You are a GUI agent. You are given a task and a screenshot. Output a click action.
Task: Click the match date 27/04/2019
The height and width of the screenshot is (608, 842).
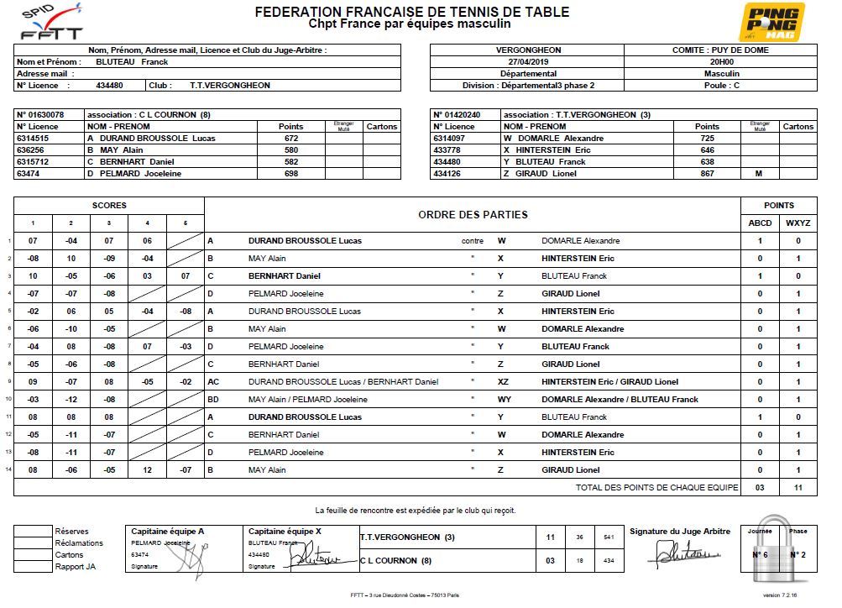pyautogui.click(x=527, y=61)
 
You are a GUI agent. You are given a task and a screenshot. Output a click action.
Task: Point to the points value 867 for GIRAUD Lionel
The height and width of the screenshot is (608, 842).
pyautogui.click(x=707, y=174)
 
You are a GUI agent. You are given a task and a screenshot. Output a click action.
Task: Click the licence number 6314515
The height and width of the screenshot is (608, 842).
pyautogui.click(x=33, y=139)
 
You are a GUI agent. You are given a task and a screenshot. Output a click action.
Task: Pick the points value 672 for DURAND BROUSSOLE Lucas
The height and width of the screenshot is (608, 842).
pyautogui.click(x=291, y=139)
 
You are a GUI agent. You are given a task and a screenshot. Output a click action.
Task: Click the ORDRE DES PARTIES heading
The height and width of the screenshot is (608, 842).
pyautogui.click(x=473, y=214)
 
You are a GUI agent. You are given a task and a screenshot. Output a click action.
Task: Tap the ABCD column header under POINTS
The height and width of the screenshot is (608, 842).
pyautogui.click(x=760, y=223)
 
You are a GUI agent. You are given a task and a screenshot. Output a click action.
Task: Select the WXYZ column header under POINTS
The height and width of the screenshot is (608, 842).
pyautogui.click(x=798, y=223)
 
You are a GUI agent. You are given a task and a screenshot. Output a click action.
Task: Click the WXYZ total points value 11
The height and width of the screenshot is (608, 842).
pyautogui.click(x=798, y=488)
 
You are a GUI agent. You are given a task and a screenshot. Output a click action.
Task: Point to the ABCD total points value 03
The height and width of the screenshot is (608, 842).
pyautogui.click(x=760, y=488)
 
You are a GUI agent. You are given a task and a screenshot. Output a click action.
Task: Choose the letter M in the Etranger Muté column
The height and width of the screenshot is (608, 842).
pyautogui.click(x=758, y=174)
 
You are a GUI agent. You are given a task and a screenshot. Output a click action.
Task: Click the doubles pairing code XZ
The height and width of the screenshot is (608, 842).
pyautogui.click(x=504, y=382)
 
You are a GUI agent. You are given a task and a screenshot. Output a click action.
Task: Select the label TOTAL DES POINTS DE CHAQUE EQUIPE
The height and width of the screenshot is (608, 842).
pyautogui.click(x=656, y=488)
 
